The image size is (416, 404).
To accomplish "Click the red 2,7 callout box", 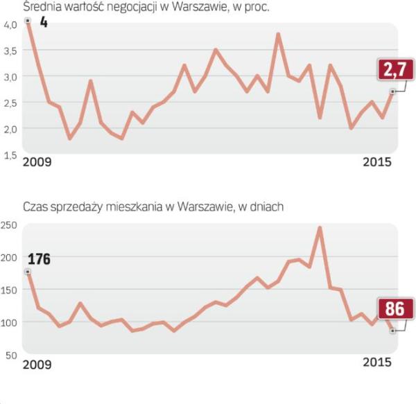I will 396,70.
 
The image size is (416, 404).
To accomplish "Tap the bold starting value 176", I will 39,260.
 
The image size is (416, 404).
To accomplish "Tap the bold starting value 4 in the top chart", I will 43,23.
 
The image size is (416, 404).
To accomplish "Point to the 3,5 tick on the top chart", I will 10,51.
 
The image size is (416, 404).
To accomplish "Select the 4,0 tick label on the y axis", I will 10,24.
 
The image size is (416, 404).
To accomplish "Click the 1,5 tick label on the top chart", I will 10,155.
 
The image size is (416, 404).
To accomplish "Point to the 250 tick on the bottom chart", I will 10,225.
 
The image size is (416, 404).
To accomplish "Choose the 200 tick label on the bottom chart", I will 10,257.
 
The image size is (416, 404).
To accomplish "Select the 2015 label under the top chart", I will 377,162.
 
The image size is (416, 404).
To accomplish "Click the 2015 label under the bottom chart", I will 377,362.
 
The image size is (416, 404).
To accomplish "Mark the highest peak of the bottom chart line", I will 320,227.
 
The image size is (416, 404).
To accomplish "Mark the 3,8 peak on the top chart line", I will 278,33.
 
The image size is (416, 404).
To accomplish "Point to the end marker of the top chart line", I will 392,91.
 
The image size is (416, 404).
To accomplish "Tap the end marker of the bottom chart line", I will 392,331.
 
